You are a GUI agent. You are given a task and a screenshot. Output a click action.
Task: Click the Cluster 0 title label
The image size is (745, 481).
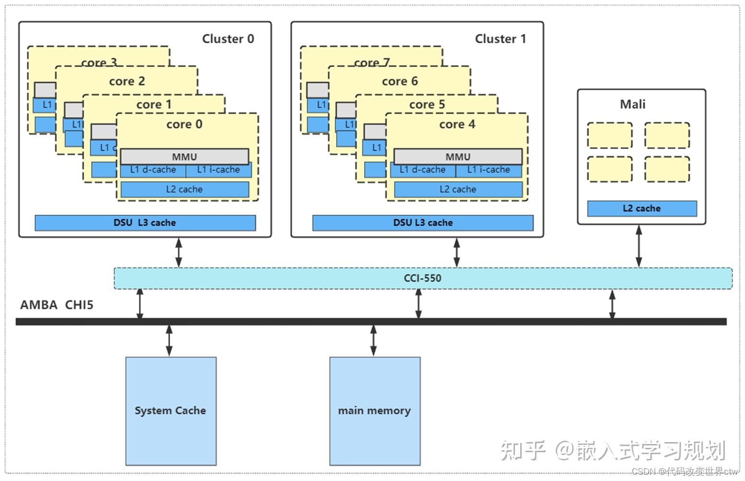228,39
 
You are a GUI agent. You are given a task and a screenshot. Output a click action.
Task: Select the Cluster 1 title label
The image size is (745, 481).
500,39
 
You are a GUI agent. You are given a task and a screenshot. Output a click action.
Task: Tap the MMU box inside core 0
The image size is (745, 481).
184,157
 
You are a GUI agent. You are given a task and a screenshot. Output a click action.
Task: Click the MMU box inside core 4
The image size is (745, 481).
458,157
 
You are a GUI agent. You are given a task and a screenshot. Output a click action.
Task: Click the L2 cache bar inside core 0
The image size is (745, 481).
184,189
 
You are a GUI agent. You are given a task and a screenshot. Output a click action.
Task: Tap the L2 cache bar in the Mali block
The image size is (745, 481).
642,209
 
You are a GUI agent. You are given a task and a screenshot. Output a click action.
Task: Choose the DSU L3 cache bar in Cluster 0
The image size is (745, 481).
145,223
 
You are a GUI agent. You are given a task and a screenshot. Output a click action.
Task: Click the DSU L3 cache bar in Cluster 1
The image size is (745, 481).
423,223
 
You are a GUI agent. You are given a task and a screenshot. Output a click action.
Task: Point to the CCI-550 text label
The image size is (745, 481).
422,278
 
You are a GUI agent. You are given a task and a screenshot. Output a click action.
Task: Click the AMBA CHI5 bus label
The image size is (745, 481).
57,305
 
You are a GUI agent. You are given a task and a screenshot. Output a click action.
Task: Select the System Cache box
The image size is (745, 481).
171,411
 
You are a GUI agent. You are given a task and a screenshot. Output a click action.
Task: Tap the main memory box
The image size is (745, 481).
375,411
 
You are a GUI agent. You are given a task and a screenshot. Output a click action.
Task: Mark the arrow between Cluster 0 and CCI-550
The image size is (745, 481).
179,252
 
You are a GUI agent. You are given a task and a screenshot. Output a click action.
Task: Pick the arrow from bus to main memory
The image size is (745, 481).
374,340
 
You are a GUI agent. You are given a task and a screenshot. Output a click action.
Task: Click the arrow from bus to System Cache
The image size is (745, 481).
169,340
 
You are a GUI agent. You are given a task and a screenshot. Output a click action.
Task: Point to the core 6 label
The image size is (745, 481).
400,82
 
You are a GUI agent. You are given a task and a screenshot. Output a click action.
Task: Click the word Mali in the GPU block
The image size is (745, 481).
633,104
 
